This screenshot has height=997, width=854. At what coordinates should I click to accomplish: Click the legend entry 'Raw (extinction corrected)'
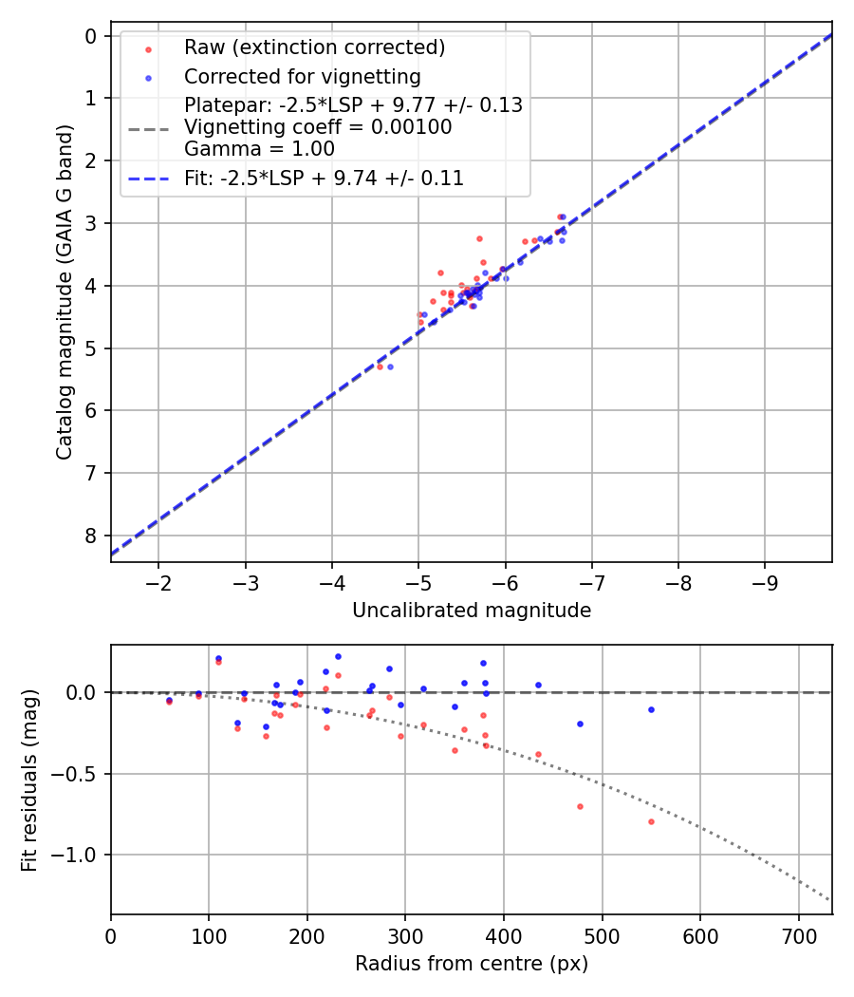point(314,47)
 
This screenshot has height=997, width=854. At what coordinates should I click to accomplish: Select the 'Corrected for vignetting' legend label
point(302,76)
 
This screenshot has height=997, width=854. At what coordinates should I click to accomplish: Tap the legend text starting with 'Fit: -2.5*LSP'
point(324,178)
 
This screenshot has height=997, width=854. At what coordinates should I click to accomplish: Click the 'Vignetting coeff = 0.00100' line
point(318,127)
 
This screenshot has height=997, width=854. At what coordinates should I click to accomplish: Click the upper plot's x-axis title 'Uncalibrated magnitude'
point(472,611)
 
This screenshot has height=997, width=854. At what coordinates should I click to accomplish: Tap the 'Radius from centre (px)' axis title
point(472,964)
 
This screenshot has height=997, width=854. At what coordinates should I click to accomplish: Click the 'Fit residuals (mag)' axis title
point(30,781)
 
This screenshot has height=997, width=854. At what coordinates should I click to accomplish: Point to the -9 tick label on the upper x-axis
point(765,581)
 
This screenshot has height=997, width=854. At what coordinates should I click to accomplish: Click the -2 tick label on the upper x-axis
point(158,581)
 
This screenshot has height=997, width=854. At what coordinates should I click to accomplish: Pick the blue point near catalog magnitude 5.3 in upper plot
point(390,367)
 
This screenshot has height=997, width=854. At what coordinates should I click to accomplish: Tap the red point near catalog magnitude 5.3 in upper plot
point(380,366)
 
